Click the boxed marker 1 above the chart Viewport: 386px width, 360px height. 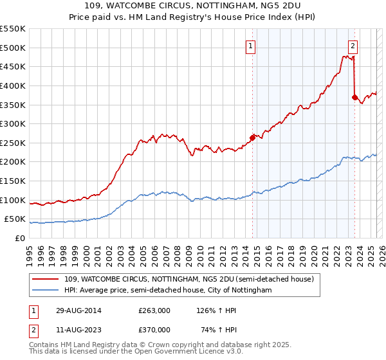click(x=250, y=46)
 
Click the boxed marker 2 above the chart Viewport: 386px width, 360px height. click(x=353, y=46)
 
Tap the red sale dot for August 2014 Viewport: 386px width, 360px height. click(x=252, y=137)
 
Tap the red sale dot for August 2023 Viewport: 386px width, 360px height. click(x=354, y=96)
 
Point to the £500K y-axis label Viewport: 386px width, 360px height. click(x=12, y=48)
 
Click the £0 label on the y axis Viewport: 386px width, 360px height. click(x=19, y=238)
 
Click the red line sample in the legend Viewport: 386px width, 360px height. click(x=46, y=279)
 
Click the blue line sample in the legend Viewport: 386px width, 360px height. click(x=46, y=291)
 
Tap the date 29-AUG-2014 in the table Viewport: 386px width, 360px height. click(x=73, y=310)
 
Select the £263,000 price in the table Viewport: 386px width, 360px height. click(x=154, y=310)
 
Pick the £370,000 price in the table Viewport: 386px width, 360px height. click(x=154, y=329)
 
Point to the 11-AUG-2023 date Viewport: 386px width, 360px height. click(x=73, y=329)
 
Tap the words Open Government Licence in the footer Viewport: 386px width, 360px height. click(x=166, y=353)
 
